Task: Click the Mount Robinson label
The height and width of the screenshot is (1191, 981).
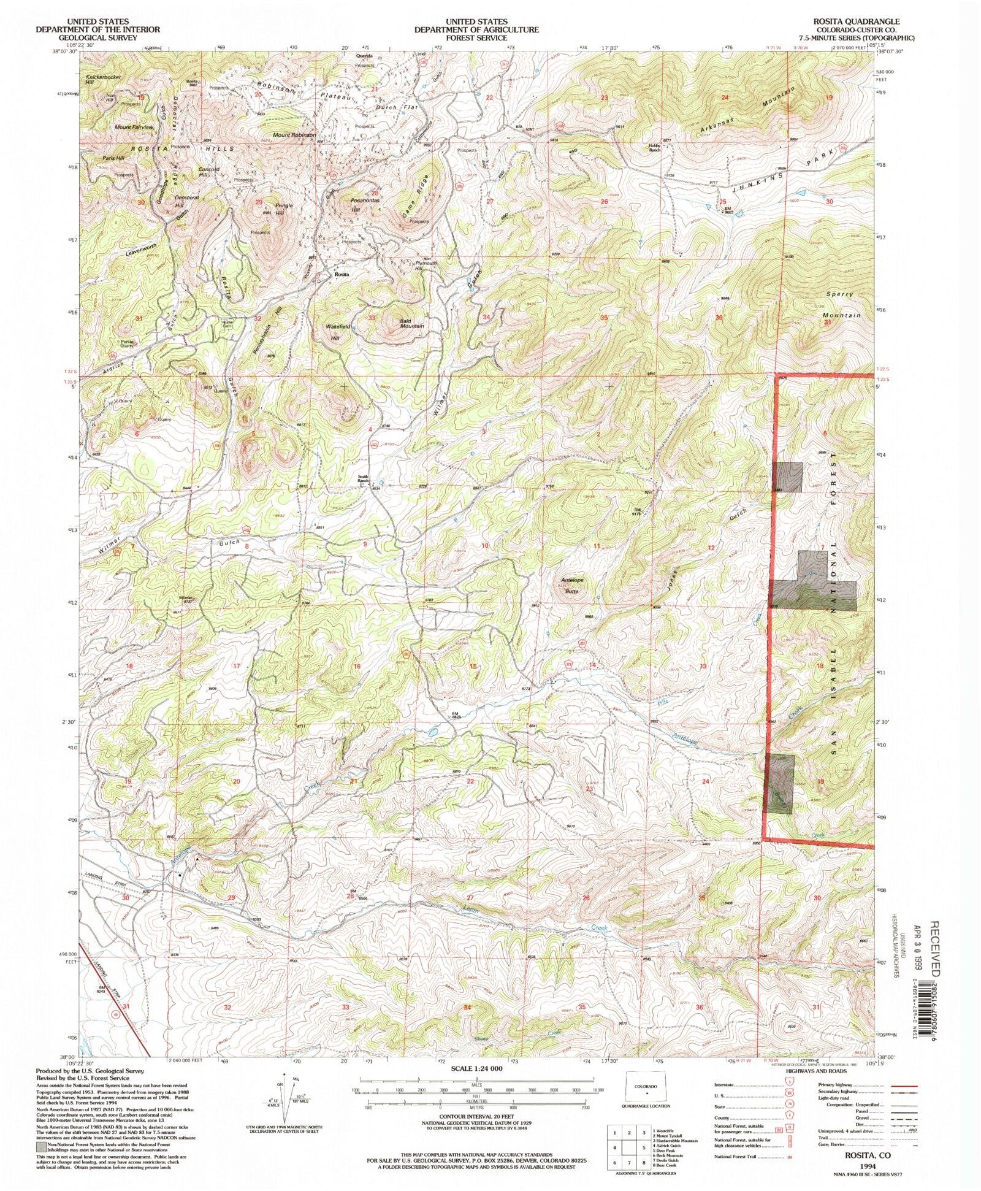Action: pyautogui.click(x=294, y=135)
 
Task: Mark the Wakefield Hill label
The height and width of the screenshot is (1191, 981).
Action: pyautogui.click(x=340, y=332)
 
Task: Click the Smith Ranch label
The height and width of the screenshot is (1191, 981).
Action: pyautogui.click(x=363, y=480)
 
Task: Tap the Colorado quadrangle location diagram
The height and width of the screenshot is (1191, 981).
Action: pyautogui.click(x=646, y=1087)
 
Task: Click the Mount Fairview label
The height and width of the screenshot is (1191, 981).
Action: pyautogui.click(x=134, y=127)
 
